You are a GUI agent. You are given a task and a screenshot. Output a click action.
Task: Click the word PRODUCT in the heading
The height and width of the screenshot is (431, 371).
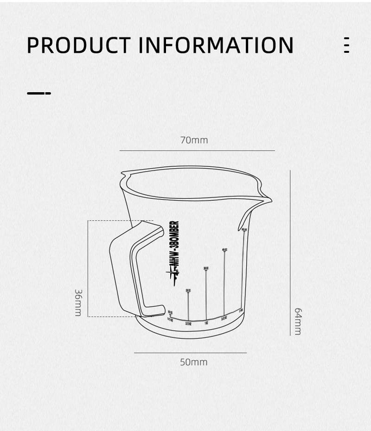point(78,45)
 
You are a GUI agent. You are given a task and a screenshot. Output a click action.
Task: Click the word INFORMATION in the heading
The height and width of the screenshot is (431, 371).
point(216,45)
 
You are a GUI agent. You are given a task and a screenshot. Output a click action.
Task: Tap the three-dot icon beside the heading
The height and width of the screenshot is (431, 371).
point(346,45)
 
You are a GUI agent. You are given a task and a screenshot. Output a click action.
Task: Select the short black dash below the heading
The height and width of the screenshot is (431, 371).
point(39,93)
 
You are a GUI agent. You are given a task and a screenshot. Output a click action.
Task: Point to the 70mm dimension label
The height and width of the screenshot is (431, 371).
point(194,140)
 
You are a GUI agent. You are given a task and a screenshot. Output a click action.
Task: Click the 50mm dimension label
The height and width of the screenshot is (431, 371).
point(194,362)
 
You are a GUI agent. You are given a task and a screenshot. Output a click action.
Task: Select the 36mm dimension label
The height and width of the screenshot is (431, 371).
point(78,303)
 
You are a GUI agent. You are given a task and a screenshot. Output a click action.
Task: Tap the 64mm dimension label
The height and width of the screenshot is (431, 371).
point(298,321)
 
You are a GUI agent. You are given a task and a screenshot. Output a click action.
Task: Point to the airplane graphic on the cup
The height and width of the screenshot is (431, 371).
point(174,276)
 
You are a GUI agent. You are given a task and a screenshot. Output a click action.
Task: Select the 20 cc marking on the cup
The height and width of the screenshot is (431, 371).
point(188,291)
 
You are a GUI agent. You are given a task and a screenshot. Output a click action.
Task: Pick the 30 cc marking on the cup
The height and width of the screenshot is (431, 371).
point(206,268)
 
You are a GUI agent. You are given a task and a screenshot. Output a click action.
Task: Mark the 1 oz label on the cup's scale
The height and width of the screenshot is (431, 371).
point(206,323)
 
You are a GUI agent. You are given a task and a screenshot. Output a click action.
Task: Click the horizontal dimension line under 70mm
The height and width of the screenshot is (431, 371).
point(197,151)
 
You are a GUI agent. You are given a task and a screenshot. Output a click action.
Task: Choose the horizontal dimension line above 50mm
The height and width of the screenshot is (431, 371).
point(190,353)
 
